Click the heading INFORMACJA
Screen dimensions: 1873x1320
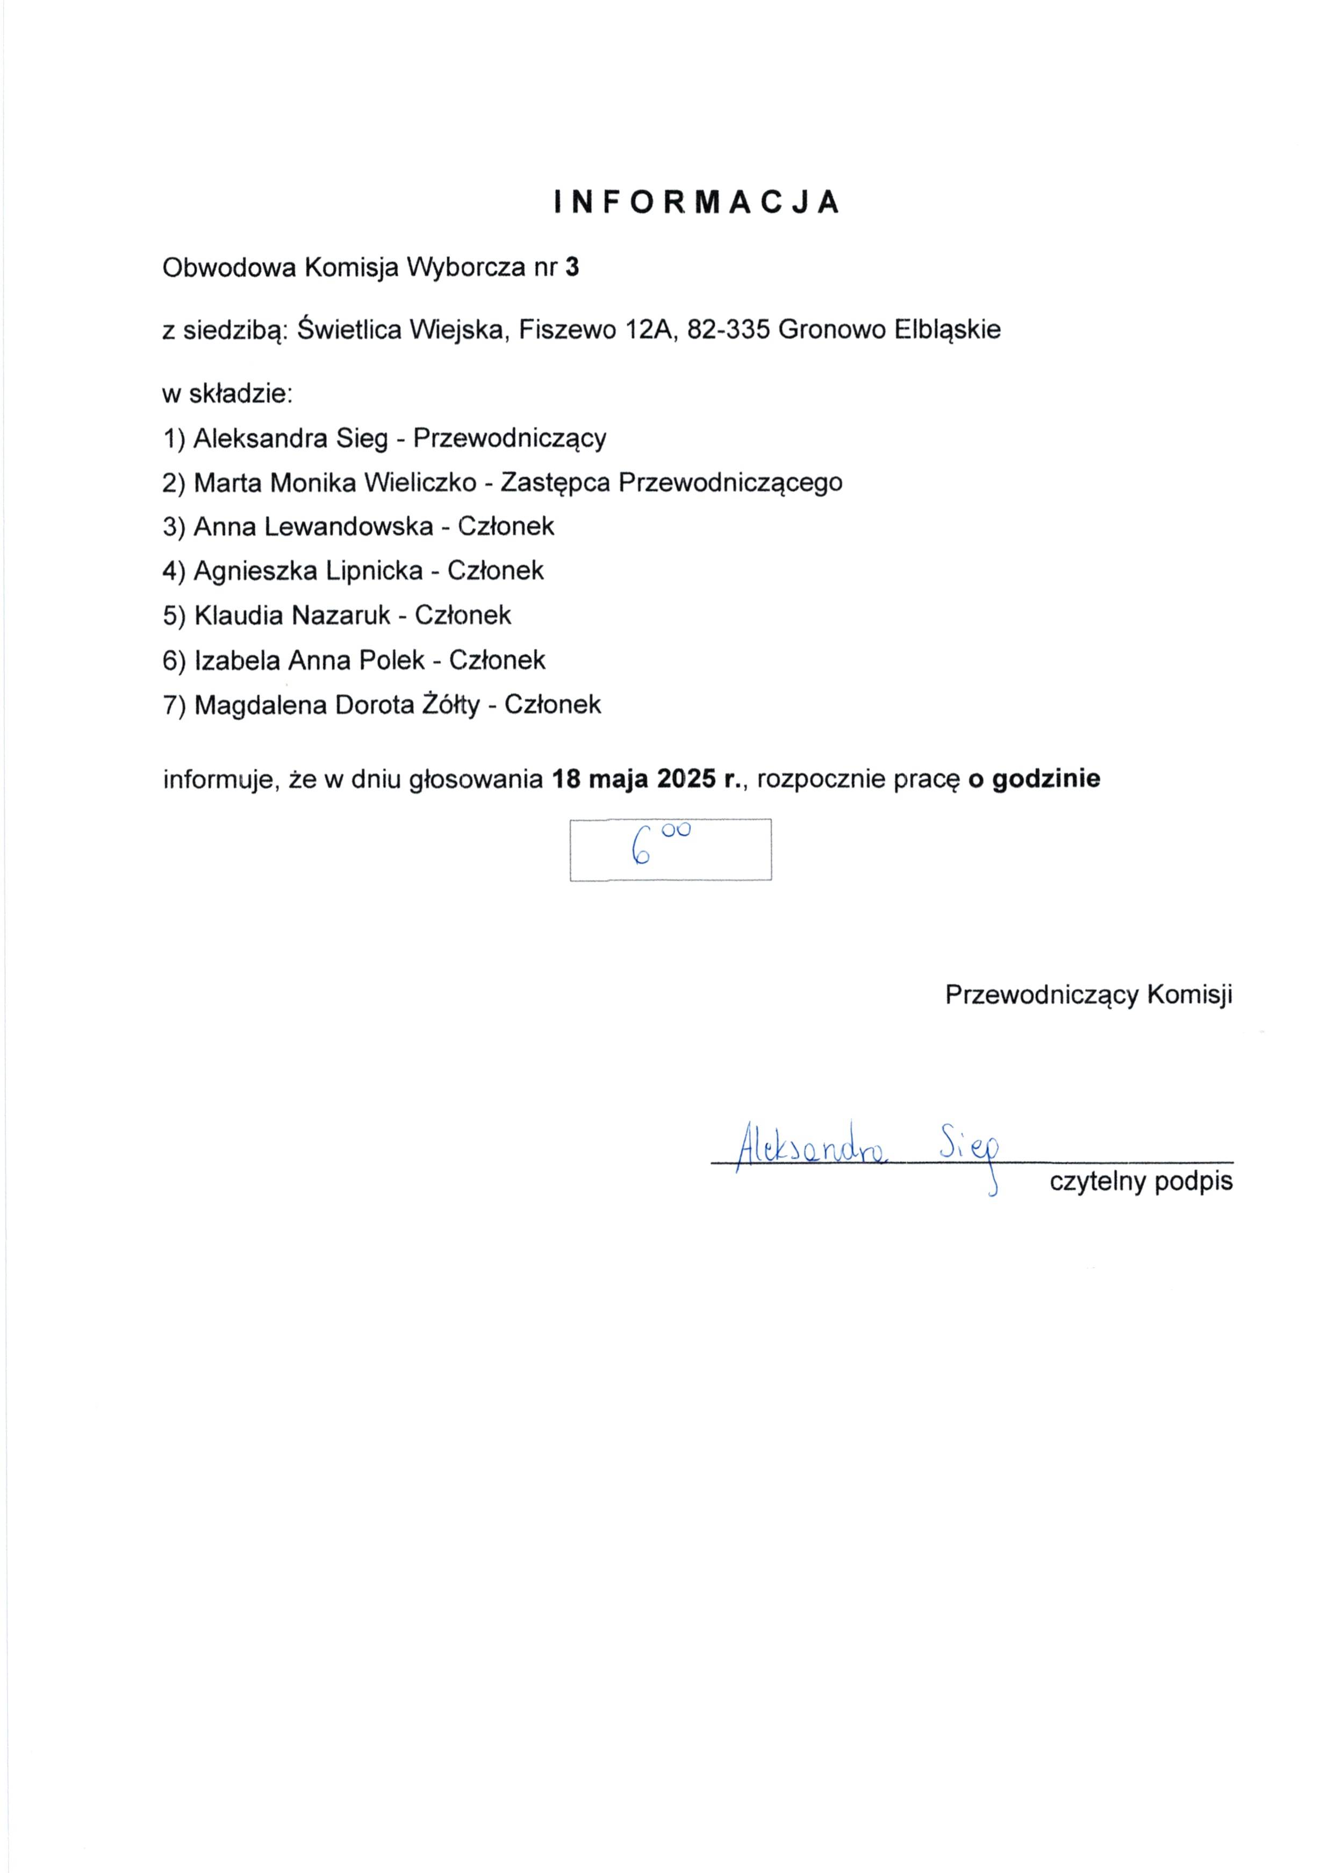(697, 202)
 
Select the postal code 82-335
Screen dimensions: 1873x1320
(728, 330)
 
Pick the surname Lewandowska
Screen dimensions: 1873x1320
(349, 527)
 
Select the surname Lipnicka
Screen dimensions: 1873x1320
(374, 571)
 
